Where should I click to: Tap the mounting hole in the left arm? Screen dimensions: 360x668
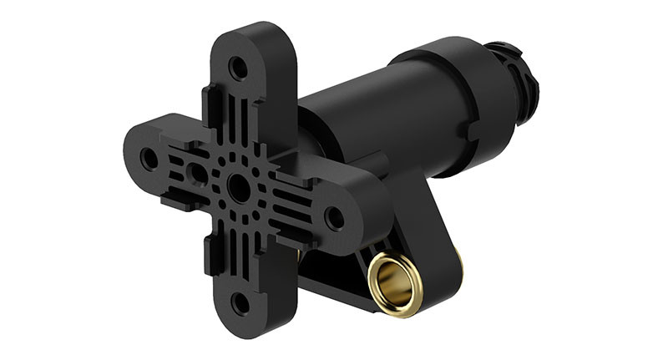[x=149, y=157]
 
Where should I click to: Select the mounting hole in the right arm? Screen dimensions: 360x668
[x=334, y=219]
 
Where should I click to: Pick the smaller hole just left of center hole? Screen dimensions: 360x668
[x=199, y=174]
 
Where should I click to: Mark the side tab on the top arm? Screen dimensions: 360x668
[x=208, y=104]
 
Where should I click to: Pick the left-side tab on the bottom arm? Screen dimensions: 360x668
[x=208, y=255]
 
